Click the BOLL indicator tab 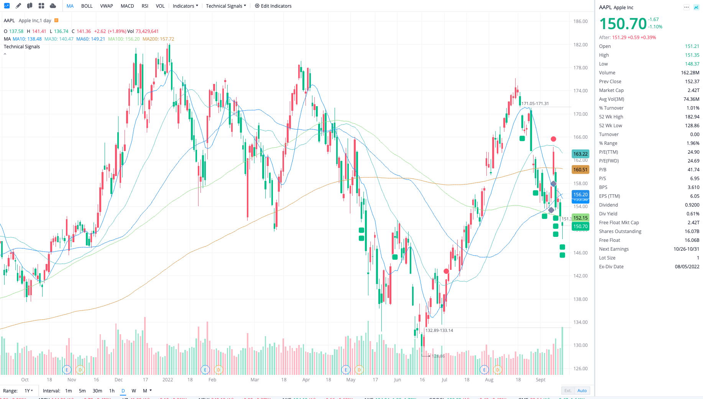(87, 6)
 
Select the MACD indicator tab (127, 6)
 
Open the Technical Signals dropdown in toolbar (226, 6)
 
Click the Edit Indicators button (273, 6)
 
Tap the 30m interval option (97, 391)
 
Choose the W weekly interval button (134, 391)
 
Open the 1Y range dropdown (29, 391)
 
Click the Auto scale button (582, 391)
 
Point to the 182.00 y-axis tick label (580, 44)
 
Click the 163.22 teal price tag (580, 154)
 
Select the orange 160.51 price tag (580, 169)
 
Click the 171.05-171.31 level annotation (535, 103)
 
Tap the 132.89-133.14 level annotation (439, 330)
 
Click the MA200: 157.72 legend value (158, 39)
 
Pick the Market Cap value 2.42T (693, 90)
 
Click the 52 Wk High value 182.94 (692, 117)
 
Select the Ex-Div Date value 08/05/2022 (687, 266)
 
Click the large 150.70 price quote (623, 24)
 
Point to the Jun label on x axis (397, 379)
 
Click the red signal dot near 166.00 (553, 139)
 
